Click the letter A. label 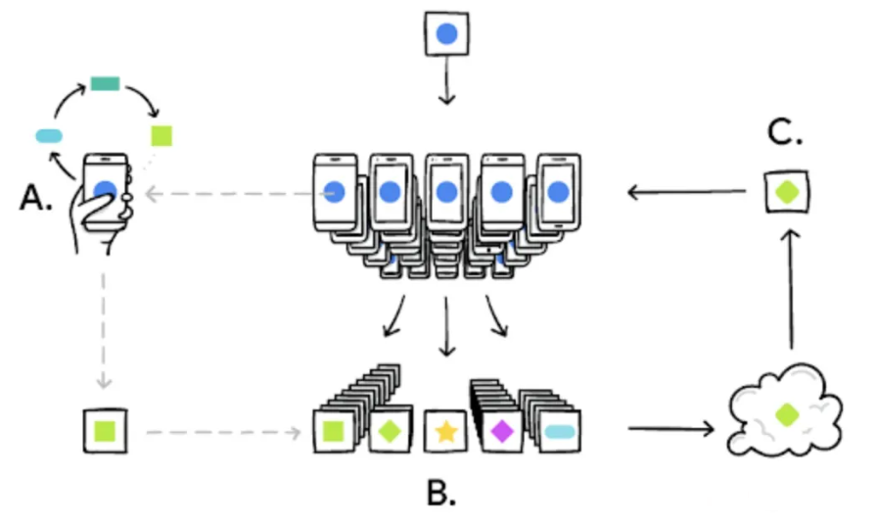[36, 198]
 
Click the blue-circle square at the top [446, 34]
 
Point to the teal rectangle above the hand [105, 83]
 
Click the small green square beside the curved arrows [161, 135]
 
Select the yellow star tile [446, 430]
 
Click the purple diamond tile [503, 430]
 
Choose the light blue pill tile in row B [560, 430]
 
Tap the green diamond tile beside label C [787, 192]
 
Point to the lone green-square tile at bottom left [106, 430]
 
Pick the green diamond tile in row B [390, 430]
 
